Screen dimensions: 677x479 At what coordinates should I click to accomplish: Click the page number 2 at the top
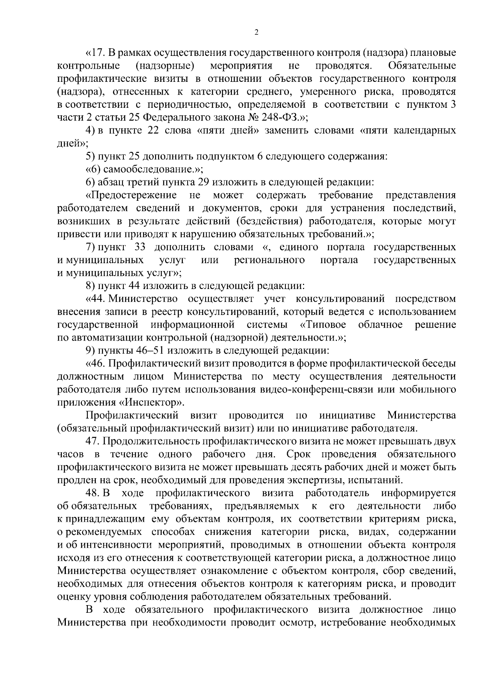click(x=256, y=32)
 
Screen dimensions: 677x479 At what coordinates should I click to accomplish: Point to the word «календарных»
click(x=425, y=131)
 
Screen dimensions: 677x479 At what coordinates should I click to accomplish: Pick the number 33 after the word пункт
click(x=139, y=247)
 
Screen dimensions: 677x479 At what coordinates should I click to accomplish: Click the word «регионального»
click(x=269, y=260)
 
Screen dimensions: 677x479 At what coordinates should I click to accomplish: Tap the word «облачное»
click(x=380, y=325)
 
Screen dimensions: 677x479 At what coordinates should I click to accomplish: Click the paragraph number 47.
click(x=94, y=441)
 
